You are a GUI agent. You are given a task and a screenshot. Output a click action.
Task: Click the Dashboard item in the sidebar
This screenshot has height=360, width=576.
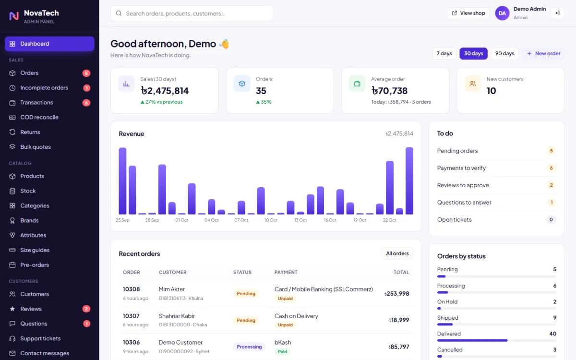coord(49,44)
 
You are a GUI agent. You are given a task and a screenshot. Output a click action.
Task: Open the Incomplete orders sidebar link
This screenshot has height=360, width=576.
coord(44,88)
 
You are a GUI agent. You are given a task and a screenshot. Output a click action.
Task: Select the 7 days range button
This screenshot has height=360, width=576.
coord(444,53)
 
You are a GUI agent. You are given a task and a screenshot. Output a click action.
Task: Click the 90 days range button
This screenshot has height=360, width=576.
coord(504,53)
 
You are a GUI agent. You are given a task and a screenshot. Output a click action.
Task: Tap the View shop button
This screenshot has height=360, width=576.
coord(468,13)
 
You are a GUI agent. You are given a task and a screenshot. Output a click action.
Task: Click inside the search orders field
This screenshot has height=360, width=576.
coord(192,13)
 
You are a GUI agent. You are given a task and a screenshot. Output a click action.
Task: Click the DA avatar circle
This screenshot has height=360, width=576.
coord(502,13)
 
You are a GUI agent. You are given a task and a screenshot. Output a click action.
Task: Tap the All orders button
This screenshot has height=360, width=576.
coord(397,253)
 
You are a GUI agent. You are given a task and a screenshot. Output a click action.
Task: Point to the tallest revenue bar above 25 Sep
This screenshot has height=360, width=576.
coord(122,181)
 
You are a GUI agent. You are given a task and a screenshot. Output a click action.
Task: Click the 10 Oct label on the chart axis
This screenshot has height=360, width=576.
coord(271,220)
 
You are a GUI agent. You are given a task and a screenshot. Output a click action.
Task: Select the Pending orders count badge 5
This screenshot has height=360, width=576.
coord(551,151)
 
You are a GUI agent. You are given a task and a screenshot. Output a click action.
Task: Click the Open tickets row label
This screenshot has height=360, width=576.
coord(455,220)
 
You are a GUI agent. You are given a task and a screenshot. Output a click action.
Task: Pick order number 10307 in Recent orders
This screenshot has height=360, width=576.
coord(131,316)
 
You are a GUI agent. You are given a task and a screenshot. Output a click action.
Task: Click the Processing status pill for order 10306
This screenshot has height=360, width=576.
coord(249,347)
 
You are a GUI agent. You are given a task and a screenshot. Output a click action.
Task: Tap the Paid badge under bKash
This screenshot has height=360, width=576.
coord(282,351)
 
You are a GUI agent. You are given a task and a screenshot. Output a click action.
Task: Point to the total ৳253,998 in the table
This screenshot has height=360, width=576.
coord(396,293)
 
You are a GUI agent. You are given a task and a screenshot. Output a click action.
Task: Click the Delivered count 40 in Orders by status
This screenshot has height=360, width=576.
coord(552,334)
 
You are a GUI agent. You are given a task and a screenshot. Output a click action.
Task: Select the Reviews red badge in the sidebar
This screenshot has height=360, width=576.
coord(86,309)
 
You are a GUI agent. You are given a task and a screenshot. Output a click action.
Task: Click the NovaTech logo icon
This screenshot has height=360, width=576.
coord(14,16)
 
